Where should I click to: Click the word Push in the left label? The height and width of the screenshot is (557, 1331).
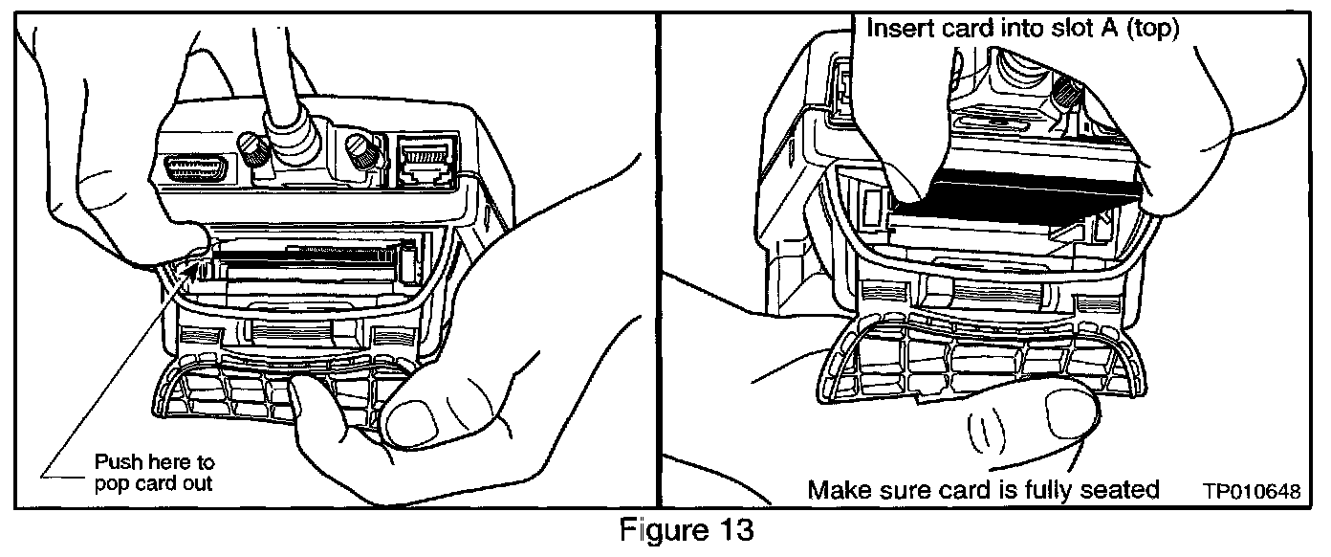click(x=116, y=463)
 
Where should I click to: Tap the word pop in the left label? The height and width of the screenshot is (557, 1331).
click(x=109, y=483)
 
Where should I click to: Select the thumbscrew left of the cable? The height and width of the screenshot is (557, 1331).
click(x=252, y=150)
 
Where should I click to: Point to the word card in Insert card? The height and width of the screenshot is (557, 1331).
click(x=963, y=29)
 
